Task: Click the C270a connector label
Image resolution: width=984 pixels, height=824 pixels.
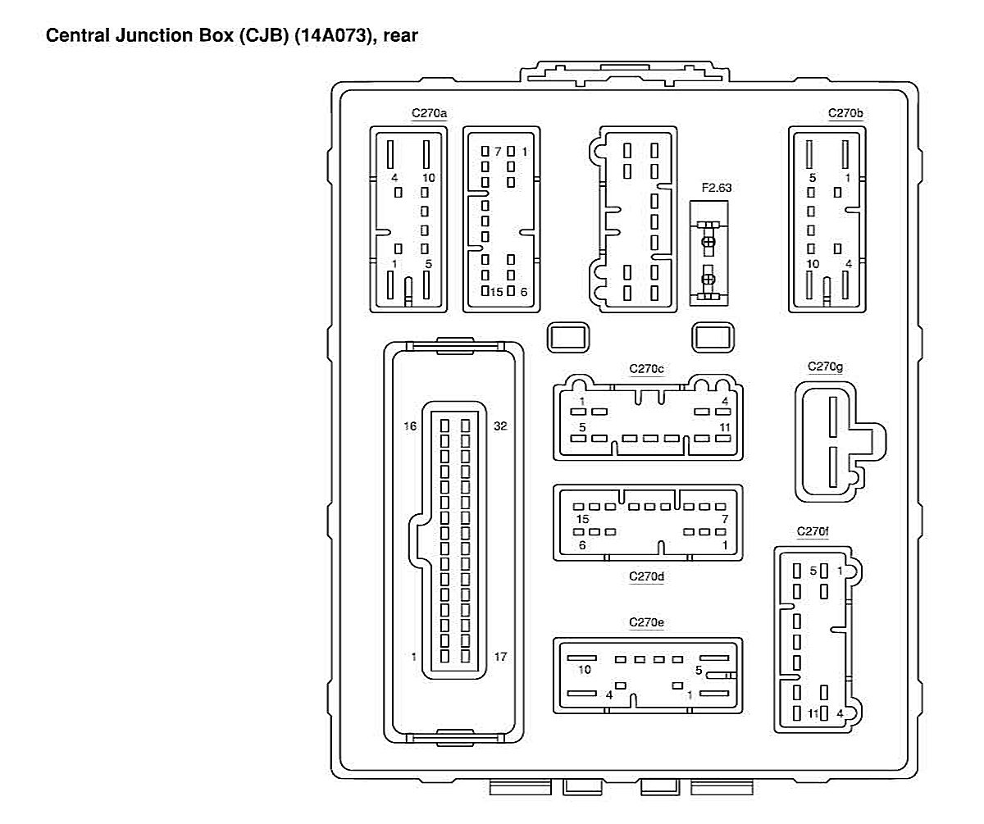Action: click(x=429, y=113)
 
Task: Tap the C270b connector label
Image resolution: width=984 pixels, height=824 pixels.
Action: click(x=845, y=113)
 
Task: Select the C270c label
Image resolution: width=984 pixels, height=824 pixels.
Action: click(x=646, y=369)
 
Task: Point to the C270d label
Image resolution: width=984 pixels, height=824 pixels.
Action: click(x=646, y=576)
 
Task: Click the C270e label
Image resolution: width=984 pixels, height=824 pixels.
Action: click(x=646, y=623)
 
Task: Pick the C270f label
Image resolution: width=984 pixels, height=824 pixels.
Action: click(x=813, y=532)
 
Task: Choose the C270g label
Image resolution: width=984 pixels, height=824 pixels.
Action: click(x=825, y=366)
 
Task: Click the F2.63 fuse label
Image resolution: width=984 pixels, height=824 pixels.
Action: click(x=716, y=188)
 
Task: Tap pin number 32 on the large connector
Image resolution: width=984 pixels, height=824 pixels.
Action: click(x=499, y=426)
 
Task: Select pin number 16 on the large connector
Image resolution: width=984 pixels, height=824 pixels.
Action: click(x=410, y=426)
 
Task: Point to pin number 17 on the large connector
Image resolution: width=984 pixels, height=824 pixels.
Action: click(x=499, y=657)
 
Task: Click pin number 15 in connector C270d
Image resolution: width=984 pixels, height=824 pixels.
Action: click(x=583, y=520)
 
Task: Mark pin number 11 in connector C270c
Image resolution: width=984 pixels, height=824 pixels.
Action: click(x=724, y=427)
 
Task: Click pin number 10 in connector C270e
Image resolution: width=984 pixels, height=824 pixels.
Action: click(x=585, y=670)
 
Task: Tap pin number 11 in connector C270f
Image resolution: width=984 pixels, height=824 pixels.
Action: click(x=813, y=714)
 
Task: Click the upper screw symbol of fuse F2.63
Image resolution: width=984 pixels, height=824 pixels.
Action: click(x=709, y=242)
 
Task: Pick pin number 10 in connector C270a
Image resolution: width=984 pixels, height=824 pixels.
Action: click(x=429, y=178)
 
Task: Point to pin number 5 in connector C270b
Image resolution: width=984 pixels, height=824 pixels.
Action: click(x=812, y=178)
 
